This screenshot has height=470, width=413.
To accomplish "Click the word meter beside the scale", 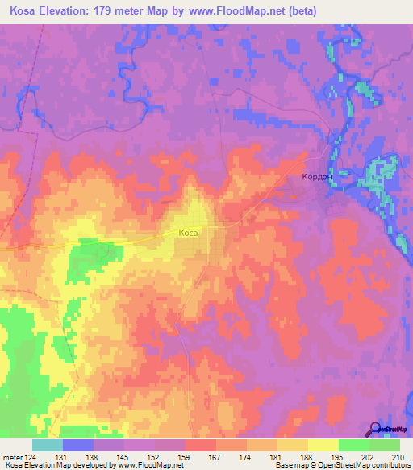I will (11, 458).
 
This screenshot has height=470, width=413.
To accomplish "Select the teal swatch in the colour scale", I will (48, 445).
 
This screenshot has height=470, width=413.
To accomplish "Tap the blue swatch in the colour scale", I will (78, 445).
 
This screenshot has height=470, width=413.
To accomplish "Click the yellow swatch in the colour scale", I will (323, 445).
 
